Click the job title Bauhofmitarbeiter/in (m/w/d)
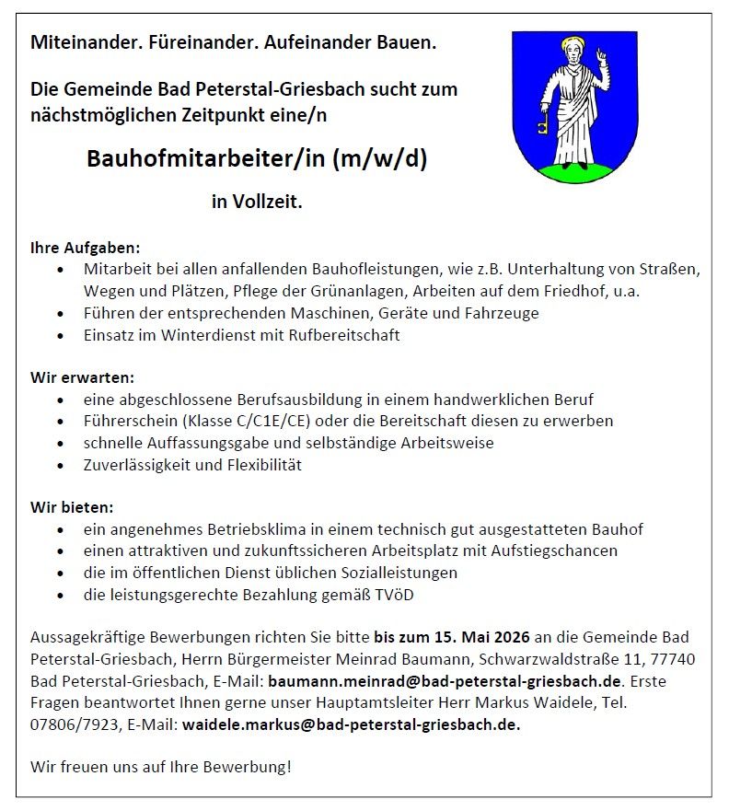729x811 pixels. (x=257, y=158)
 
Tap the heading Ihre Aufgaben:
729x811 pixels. (x=86, y=248)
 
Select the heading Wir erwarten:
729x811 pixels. (x=82, y=377)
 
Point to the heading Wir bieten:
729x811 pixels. (x=72, y=507)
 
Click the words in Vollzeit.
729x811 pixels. (x=257, y=202)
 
